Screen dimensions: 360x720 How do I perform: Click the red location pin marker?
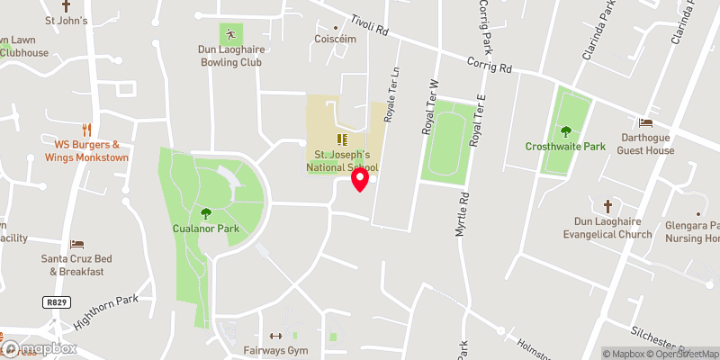(x=360, y=179)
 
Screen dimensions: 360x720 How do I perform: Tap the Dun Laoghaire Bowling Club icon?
(x=230, y=34)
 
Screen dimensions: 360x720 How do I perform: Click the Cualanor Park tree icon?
(x=205, y=213)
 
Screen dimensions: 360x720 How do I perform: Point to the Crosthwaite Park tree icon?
(x=565, y=131)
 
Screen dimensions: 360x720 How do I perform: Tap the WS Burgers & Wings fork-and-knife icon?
(x=86, y=130)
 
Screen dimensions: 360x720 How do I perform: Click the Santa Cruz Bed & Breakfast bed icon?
(x=77, y=245)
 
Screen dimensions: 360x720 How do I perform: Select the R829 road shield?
(x=56, y=302)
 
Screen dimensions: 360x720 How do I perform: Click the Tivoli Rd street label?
(x=369, y=29)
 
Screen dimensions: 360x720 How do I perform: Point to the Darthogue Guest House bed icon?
(x=645, y=122)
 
